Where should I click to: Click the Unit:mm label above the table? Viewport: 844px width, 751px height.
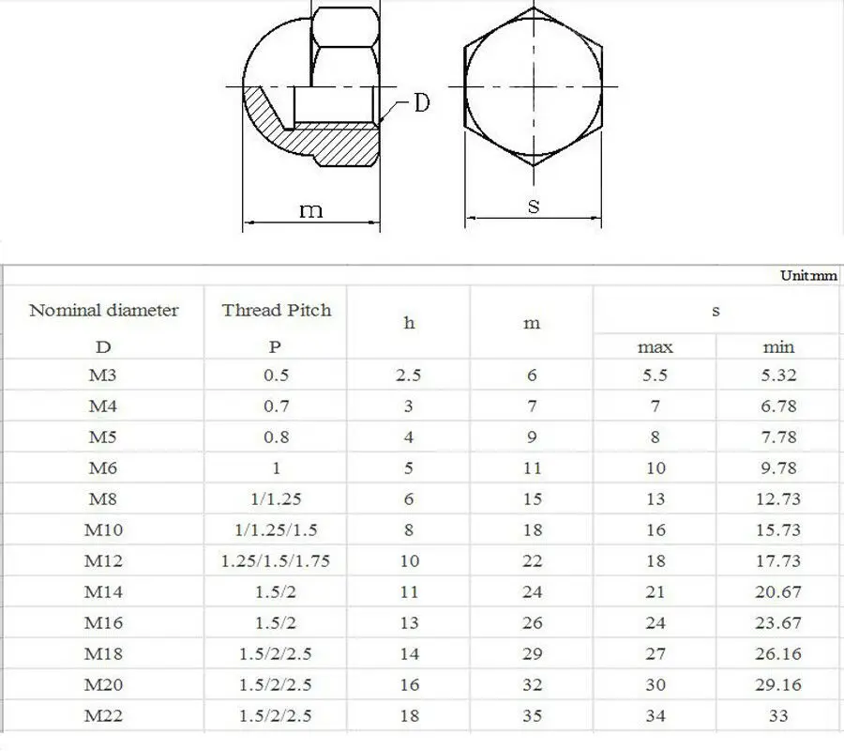click(x=808, y=275)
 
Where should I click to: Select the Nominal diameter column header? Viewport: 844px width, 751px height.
click(x=103, y=311)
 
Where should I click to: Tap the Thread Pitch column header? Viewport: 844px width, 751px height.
click(x=276, y=311)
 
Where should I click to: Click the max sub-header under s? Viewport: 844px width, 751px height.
click(x=656, y=347)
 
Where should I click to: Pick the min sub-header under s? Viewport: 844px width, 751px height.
click(x=778, y=347)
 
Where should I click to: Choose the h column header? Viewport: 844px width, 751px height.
click(x=409, y=323)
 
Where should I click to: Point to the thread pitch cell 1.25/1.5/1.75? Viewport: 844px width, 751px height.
click(x=276, y=561)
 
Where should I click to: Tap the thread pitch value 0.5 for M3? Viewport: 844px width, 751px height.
click(x=276, y=375)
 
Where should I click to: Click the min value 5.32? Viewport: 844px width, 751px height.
click(x=778, y=375)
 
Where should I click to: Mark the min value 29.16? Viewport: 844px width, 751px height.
click(x=778, y=685)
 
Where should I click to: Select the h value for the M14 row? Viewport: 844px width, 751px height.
click(x=409, y=592)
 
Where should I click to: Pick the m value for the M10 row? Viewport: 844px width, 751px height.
click(x=533, y=530)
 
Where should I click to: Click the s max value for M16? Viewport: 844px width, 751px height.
click(x=656, y=623)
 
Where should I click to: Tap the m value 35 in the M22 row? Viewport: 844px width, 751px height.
click(x=533, y=716)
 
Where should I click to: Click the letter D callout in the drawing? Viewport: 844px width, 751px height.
click(x=422, y=102)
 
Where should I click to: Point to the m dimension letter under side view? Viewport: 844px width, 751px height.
click(x=310, y=210)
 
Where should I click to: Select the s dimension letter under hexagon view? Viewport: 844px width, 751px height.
click(x=534, y=207)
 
